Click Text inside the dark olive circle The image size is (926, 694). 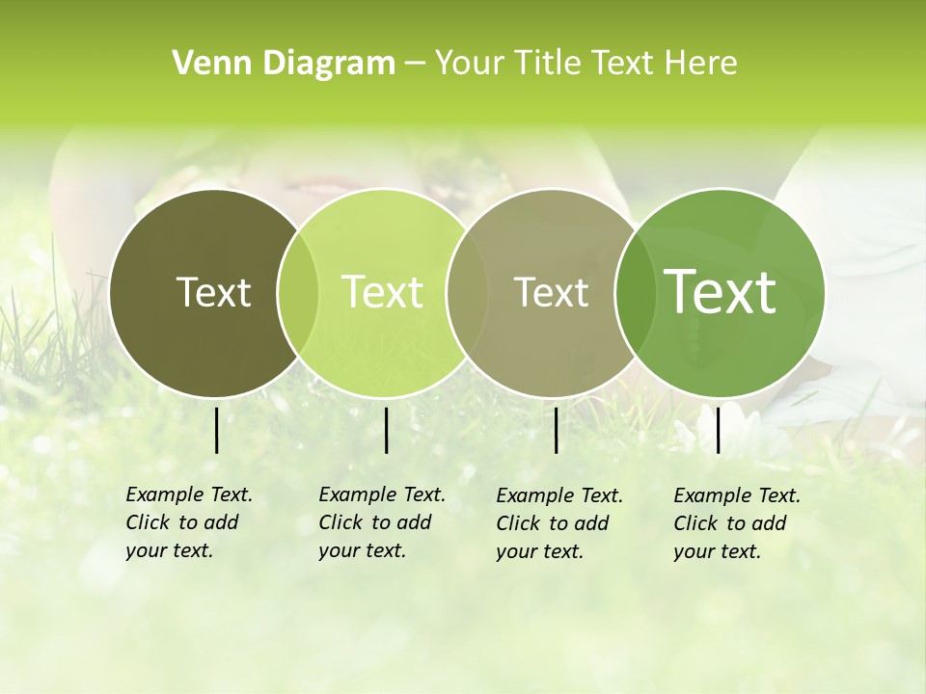pos(213,292)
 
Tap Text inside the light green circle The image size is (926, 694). pos(382,292)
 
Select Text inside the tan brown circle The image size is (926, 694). pos(551,292)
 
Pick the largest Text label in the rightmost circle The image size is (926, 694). pos(720,291)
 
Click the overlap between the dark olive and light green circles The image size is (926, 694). pos(298,292)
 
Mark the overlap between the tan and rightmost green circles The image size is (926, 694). pos(630,292)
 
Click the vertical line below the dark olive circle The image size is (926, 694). pos(216,430)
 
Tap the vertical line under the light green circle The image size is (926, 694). pos(386,430)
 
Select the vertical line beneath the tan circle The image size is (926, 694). pos(556,430)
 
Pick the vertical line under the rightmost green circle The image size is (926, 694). pos(718,430)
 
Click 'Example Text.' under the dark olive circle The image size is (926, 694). pos(189,494)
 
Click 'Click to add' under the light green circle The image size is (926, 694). pos(374,522)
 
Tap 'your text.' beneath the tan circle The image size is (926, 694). pos(540,551)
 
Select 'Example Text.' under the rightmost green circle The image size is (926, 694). pos(737,495)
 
